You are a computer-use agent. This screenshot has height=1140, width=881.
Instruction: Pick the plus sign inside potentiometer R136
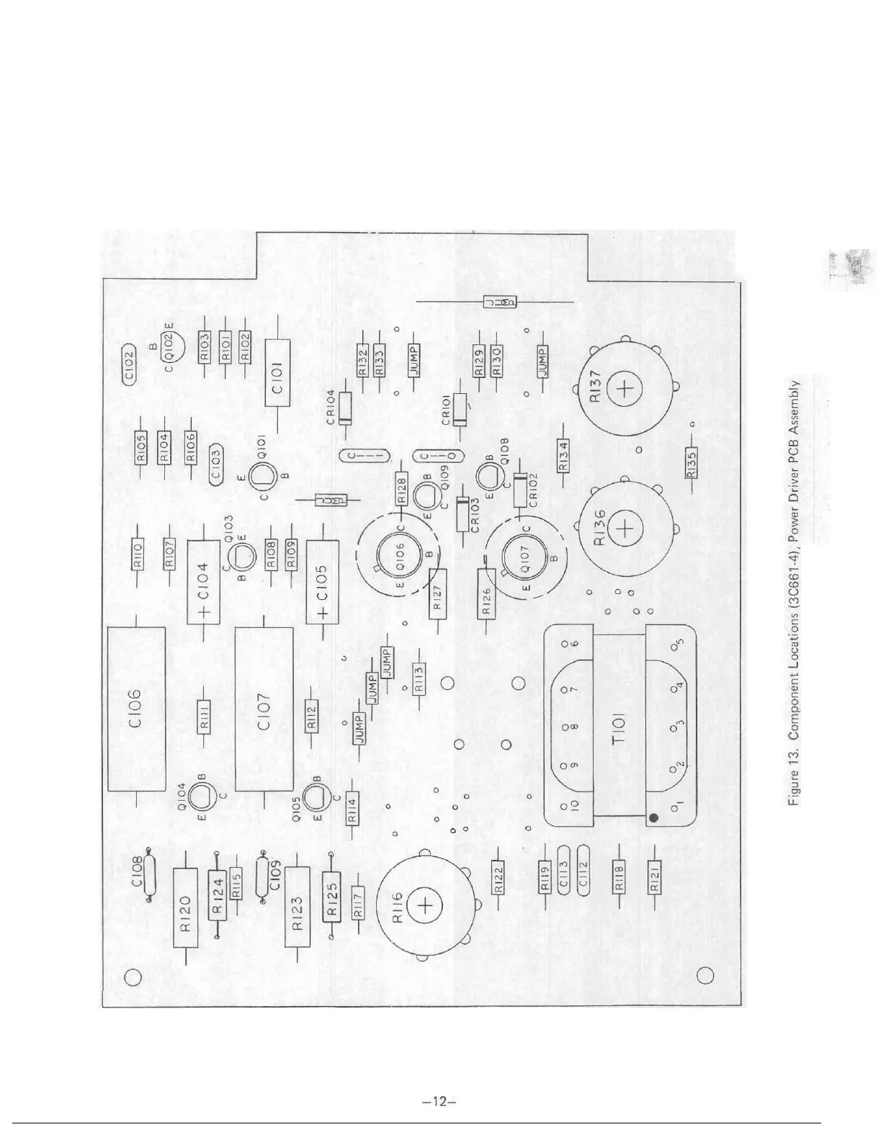pos(624,529)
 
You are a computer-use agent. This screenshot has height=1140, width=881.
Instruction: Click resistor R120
pos(185,913)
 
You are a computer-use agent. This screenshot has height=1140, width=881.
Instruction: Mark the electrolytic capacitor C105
pos(322,581)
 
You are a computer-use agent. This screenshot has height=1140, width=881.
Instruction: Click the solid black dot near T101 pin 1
pos(654,818)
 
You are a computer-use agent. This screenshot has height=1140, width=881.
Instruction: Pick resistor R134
pos(565,456)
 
